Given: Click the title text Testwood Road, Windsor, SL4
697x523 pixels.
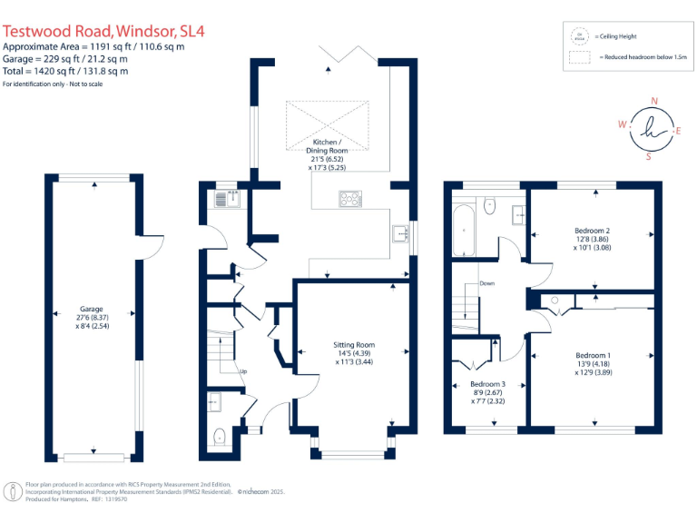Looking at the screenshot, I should pos(104,30).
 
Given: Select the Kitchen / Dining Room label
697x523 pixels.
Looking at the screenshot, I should pos(327,155).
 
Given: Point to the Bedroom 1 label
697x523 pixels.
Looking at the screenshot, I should pos(593,361).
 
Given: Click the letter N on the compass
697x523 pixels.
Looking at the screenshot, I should pos(655,102).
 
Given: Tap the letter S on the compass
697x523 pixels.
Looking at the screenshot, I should pos(648,156).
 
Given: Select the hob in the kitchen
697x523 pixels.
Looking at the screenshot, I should pos(349,199).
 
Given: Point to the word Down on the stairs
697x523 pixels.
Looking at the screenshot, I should pos(487,283).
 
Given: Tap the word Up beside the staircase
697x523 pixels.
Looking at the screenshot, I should pos(242,371).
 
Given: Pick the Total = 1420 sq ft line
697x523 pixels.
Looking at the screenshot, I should pos(65,71).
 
